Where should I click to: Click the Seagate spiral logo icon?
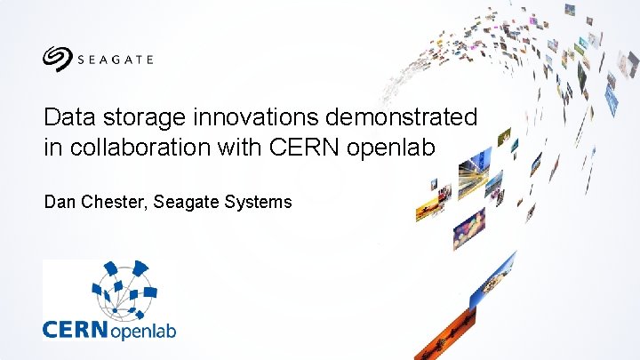[x=58, y=59]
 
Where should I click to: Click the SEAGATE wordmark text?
[x=115, y=60]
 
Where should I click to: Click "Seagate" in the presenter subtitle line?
[x=185, y=203]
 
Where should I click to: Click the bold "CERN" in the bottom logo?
[x=76, y=329]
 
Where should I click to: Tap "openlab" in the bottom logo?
[x=143, y=331]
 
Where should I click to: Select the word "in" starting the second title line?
[x=51, y=148]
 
